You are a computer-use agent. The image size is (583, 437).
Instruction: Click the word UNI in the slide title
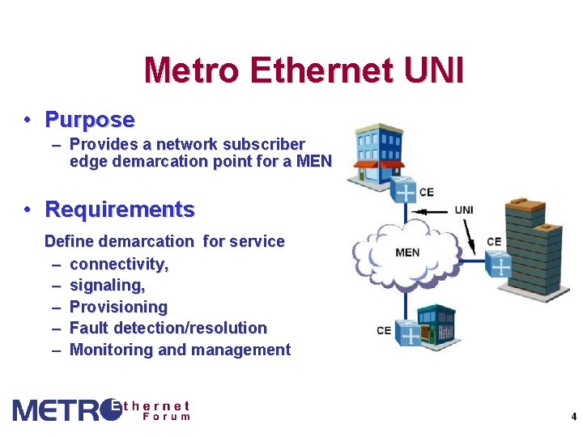(x=433, y=71)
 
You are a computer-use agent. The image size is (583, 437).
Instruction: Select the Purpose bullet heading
(x=90, y=120)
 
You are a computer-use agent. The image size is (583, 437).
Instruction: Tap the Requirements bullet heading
(x=120, y=210)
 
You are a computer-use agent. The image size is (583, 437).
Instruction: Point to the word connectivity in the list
(x=118, y=264)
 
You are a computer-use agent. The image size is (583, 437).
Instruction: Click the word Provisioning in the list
(x=118, y=307)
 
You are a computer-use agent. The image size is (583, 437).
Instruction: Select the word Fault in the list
(x=89, y=328)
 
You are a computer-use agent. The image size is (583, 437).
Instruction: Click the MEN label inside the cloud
(x=407, y=252)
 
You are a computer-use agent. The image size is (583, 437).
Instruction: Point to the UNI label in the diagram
(x=464, y=210)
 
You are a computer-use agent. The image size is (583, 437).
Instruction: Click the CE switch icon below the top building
(x=404, y=193)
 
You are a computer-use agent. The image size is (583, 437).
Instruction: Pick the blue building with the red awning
(x=378, y=154)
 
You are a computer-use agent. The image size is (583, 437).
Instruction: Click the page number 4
(x=573, y=417)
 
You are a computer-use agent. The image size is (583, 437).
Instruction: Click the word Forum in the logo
(x=166, y=417)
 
